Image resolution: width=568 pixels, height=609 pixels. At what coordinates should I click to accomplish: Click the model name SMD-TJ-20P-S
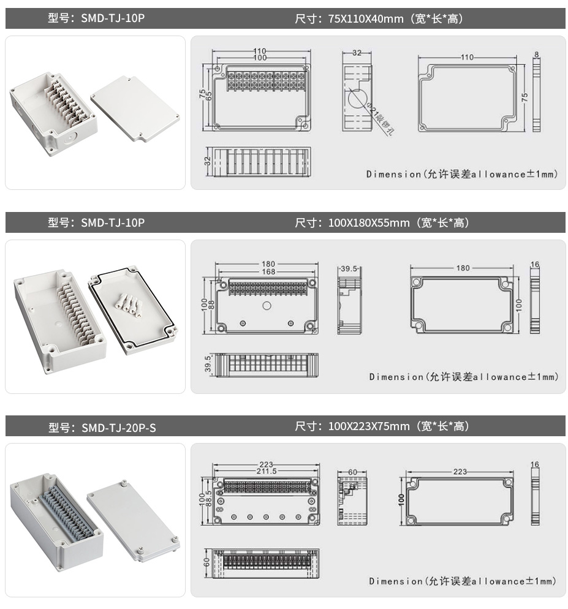(118, 427)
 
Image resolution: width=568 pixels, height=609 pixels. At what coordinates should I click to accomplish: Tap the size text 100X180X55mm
(368, 223)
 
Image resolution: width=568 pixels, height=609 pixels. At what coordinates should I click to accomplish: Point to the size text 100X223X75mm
(368, 426)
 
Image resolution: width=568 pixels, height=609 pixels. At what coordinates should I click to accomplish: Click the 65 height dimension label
(208, 96)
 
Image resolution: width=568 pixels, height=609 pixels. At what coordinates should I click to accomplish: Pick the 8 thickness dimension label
(537, 55)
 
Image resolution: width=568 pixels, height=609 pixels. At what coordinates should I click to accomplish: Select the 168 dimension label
(267, 271)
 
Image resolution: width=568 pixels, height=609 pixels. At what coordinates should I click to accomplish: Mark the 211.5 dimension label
(265, 471)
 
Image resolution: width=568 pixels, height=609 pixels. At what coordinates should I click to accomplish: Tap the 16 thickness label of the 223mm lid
(535, 465)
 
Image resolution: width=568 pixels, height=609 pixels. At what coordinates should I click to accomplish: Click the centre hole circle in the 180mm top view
(267, 306)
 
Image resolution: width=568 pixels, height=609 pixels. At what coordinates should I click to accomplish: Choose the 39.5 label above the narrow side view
(349, 269)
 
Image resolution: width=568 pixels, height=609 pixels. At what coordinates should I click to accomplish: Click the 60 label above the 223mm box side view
(352, 472)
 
